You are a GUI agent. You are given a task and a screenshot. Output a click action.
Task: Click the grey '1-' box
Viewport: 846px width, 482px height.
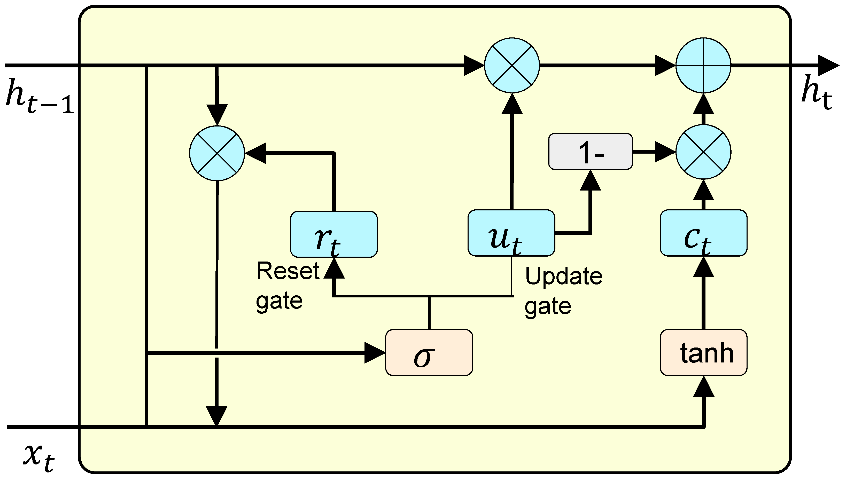590,152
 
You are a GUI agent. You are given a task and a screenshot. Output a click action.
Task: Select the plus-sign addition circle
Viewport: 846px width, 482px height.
703,65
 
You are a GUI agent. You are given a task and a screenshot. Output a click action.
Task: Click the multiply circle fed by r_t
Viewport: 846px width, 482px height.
217,153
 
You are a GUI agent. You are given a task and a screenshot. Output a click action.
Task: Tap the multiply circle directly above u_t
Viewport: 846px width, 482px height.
512,65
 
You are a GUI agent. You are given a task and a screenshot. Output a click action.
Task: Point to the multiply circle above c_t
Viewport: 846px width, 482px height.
703,152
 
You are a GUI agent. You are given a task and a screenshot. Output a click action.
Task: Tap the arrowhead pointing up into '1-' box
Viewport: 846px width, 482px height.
590,180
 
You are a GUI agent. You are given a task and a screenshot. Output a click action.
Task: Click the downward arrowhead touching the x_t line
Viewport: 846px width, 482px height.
217,415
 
